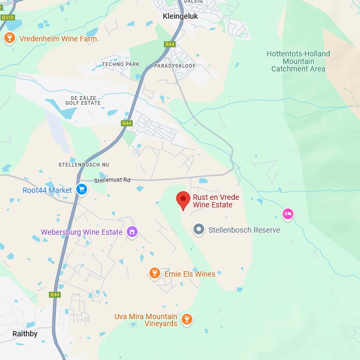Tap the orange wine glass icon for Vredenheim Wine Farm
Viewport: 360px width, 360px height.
[9, 38]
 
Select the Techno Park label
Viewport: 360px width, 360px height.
[120, 64]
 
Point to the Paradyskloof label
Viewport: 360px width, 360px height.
[175, 66]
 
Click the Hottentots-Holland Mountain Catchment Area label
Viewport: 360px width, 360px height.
[298, 61]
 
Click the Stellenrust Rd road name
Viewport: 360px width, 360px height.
[112, 181]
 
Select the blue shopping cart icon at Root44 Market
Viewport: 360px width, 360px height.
[82, 189]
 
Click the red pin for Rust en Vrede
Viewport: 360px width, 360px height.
[183, 200]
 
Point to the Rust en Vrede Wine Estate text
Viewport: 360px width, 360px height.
[216, 201]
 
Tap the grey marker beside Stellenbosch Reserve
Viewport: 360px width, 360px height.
[199, 229]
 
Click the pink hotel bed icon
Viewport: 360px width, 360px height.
[288, 214]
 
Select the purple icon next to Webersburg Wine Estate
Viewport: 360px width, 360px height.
[132, 232]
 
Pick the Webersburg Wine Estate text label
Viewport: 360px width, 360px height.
[82, 233]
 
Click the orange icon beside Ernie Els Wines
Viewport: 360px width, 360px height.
[155, 273]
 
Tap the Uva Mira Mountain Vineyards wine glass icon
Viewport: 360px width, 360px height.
[186, 319]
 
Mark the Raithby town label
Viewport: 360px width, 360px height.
[25, 334]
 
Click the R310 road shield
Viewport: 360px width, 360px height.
[8, 17]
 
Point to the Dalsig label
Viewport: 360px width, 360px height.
[193, 2]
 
